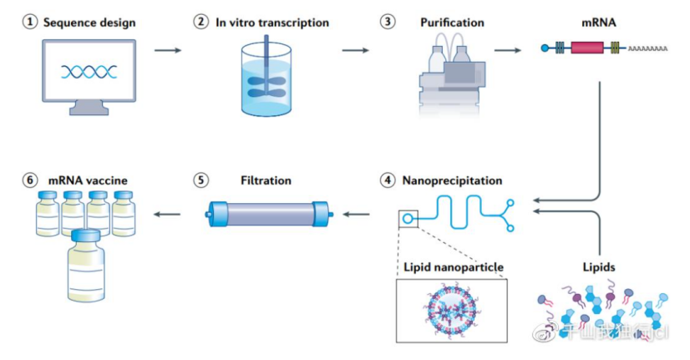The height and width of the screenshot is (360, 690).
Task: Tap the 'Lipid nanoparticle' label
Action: click(x=454, y=267)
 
